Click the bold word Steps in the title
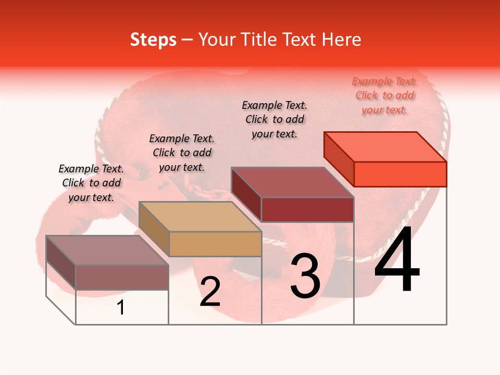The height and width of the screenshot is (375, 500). pos(153,40)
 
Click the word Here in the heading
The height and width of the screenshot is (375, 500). pos(342,40)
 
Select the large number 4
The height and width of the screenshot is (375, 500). pos(397,260)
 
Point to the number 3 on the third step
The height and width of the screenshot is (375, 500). pos(305,277)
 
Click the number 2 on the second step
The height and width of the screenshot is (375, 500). pos(210,292)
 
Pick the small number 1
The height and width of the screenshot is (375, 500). pos(121,307)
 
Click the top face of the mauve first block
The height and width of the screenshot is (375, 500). pos(107,251)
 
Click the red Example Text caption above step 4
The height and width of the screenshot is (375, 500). pos(384,96)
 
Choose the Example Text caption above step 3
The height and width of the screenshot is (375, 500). pos(274,119)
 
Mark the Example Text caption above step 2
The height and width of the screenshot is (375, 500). pos(182,153)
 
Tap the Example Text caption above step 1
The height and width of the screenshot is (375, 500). pos(91,183)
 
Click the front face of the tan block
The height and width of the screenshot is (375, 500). pos(215,244)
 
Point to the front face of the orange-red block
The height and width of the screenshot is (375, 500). pos(400,174)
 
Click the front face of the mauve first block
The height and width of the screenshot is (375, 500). pos(122,277)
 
